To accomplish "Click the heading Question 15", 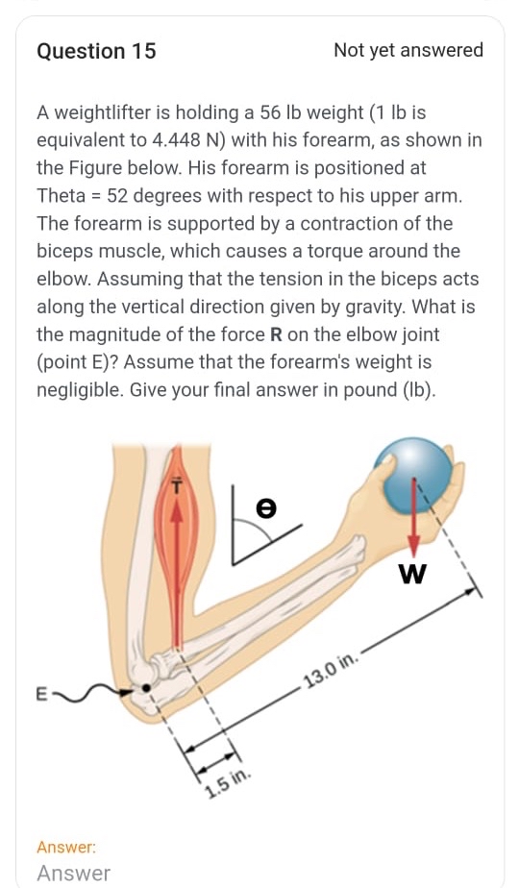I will [96, 51].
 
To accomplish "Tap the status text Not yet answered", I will [408, 51].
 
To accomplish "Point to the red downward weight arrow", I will [413, 514].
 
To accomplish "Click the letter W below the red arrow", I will [411, 574].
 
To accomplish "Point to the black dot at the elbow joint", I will [146, 688].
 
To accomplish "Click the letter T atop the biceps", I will [176, 487].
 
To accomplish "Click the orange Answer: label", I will [66, 847].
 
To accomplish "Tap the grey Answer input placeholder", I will [73, 874].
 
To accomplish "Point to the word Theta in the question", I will [62, 196].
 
